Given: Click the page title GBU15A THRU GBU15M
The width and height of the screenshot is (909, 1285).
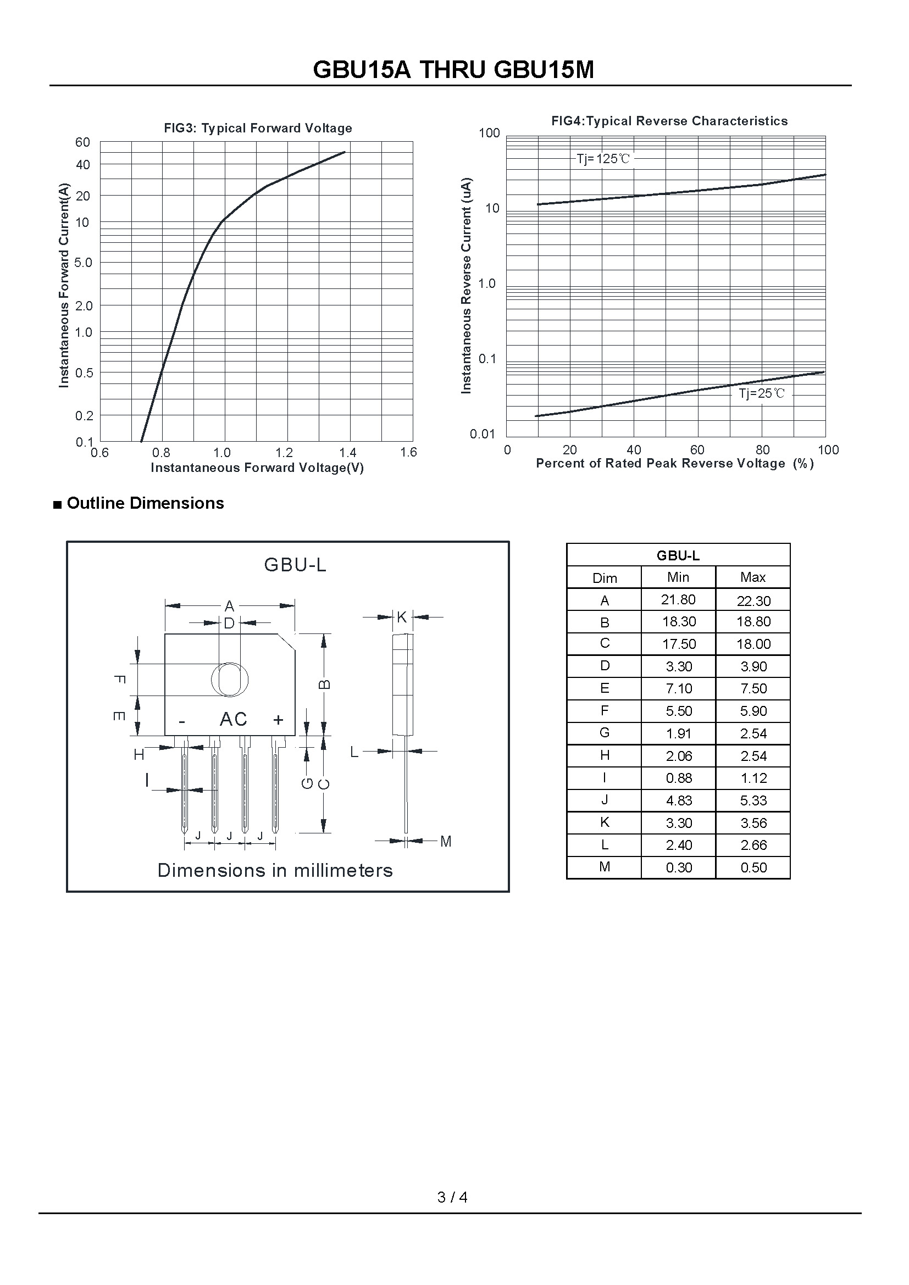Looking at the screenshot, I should coord(453,70).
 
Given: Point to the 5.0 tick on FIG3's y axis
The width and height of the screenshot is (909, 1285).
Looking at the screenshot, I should coord(83,263).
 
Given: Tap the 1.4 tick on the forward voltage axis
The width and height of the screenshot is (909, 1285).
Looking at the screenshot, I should coord(347,453).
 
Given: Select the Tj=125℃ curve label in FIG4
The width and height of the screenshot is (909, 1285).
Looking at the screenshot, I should coord(603,159).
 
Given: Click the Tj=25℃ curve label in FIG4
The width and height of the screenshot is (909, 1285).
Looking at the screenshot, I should coord(761,393).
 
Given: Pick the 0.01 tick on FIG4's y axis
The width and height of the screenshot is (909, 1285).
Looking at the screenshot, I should coord(483,434).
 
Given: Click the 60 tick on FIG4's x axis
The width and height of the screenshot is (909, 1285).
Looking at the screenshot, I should coord(697,450).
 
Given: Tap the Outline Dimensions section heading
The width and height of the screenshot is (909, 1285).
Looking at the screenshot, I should coord(145,503).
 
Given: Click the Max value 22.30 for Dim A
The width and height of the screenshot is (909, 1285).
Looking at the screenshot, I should coord(753,601).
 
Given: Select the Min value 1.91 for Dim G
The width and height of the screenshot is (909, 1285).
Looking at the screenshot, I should coord(678,734).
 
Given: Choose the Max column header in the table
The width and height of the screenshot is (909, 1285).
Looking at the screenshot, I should coord(753,577).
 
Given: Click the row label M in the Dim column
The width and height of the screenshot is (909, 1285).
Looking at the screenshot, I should coord(605,867).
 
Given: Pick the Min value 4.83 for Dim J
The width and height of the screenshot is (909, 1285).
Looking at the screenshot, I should coord(678,801).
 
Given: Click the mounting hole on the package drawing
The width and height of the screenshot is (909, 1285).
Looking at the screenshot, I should coord(230,680).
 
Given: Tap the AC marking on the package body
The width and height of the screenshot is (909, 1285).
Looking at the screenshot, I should coord(234,719).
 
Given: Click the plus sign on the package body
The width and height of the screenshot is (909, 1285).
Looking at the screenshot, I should coord(278,720).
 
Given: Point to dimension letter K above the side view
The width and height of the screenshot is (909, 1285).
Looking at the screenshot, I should coord(402,618).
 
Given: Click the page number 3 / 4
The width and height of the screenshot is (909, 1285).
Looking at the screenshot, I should coord(452,1197).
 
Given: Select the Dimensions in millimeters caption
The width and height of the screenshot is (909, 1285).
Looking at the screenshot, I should coord(275,870).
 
